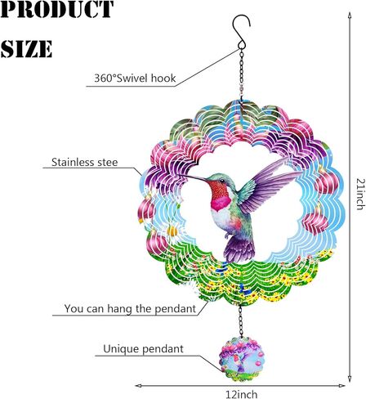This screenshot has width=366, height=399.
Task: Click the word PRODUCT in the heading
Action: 56,9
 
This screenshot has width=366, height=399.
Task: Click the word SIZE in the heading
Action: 26,48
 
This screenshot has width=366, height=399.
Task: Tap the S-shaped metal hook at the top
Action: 241,32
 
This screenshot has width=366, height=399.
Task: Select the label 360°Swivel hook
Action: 135,78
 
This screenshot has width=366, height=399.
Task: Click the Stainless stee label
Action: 85,162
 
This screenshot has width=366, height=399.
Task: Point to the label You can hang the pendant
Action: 130,308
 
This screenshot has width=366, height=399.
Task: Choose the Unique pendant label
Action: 143,349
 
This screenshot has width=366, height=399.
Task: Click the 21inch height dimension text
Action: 360,194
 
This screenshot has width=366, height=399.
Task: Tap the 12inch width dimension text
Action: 241,394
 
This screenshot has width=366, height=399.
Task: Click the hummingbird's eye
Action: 222,181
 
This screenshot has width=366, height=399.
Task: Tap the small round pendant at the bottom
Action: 242,359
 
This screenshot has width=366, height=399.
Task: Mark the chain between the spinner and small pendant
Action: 240,321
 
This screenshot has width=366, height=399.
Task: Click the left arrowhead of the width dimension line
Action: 138,385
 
